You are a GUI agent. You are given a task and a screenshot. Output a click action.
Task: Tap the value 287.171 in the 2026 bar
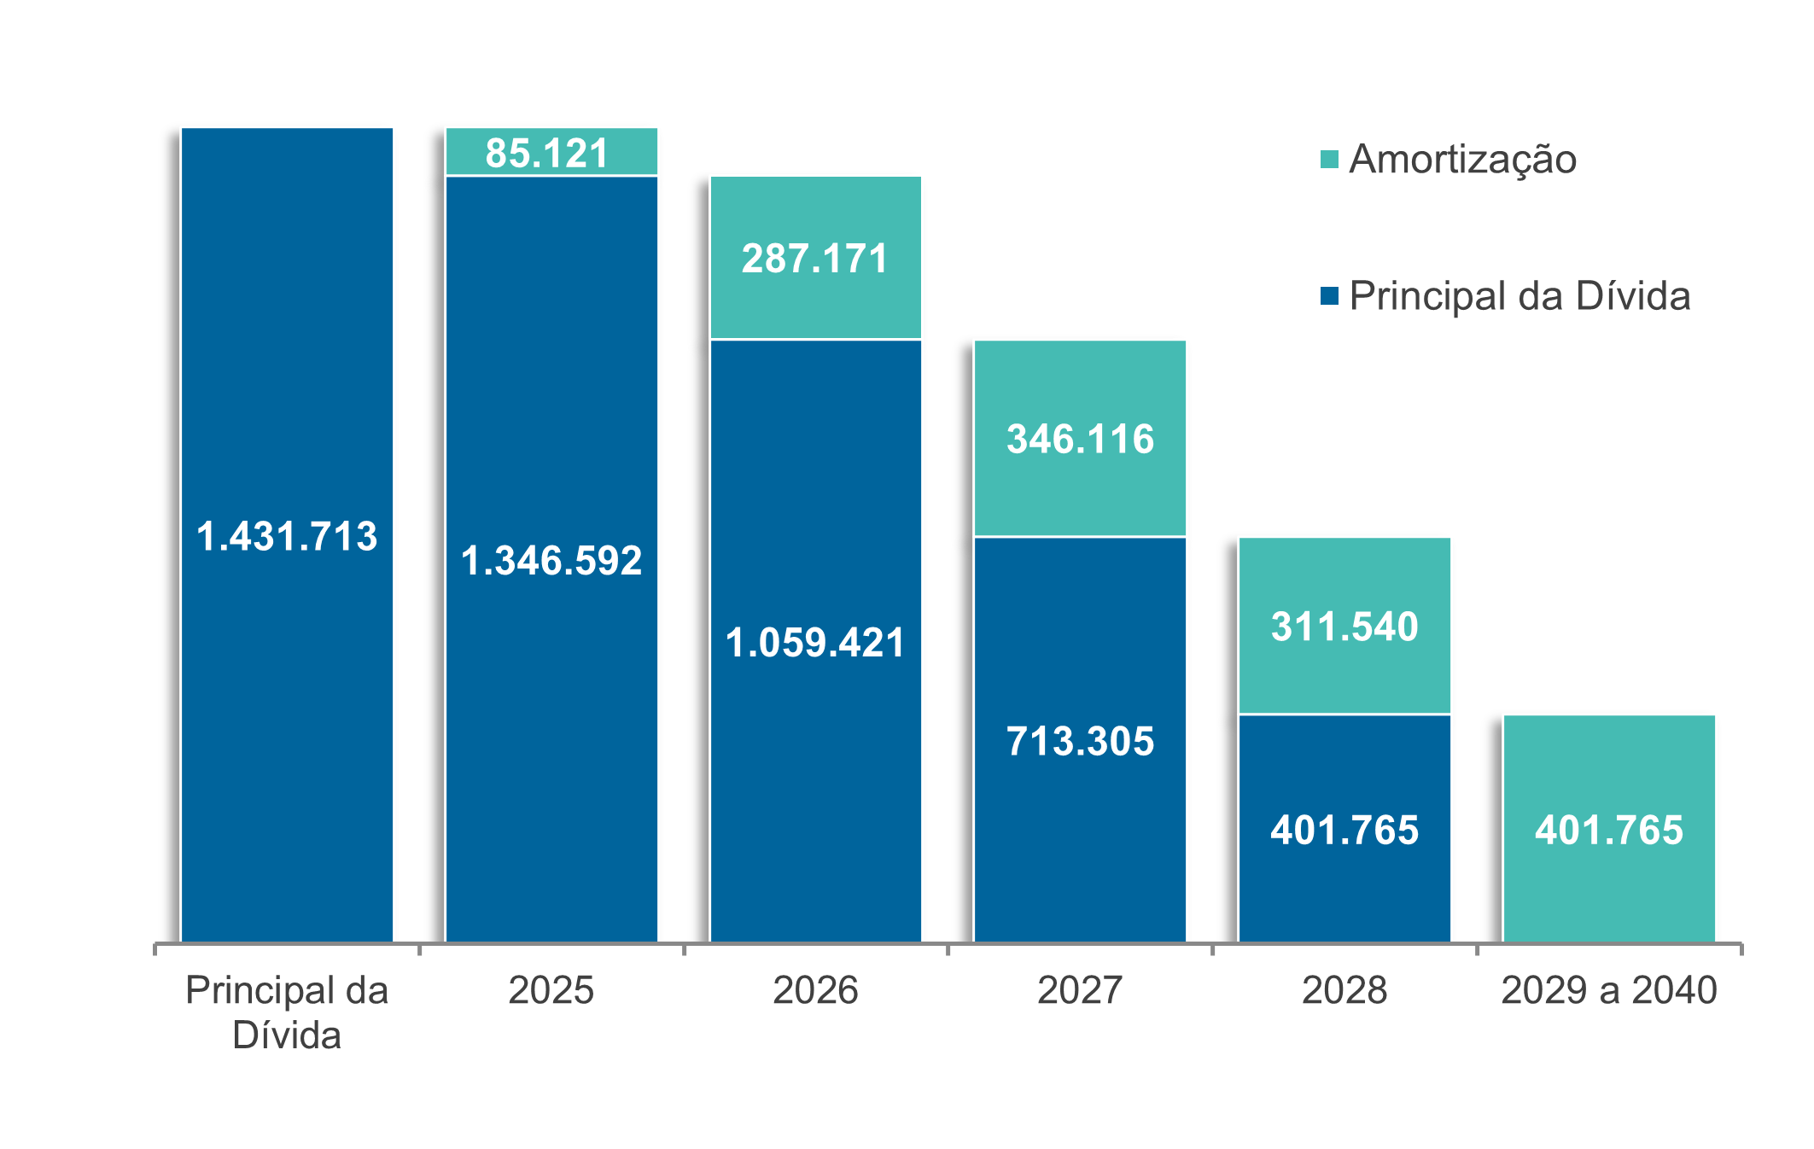(x=815, y=259)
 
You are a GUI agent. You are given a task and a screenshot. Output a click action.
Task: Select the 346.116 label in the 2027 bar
(x=1080, y=439)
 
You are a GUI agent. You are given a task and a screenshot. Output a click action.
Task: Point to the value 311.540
(x=1344, y=627)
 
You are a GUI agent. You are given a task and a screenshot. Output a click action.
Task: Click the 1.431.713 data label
(x=287, y=536)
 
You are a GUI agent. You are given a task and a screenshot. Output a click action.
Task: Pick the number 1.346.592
(x=551, y=561)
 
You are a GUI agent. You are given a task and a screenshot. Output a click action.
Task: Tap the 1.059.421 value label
(x=815, y=643)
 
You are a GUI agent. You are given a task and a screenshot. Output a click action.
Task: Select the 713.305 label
(x=1080, y=741)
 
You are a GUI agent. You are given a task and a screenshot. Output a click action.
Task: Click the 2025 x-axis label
(x=551, y=990)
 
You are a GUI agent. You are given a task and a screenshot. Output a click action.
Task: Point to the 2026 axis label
(x=815, y=990)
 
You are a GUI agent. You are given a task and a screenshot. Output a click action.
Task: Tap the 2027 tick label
(x=1080, y=990)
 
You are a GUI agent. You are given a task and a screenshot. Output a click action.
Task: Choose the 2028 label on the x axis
(x=1344, y=990)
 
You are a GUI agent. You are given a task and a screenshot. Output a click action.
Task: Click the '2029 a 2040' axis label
(x=1609, y=990)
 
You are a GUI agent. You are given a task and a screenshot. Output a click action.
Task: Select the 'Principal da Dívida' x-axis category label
(x=287, y=1012)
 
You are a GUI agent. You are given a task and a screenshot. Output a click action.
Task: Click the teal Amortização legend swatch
(x=1329, y=160)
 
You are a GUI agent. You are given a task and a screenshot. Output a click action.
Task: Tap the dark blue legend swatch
(x=1329, y=296)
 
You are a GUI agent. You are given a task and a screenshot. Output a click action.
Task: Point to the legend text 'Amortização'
(x=1463, y=160)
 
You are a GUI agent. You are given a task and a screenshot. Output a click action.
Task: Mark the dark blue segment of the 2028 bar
(x=1344, y=888)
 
